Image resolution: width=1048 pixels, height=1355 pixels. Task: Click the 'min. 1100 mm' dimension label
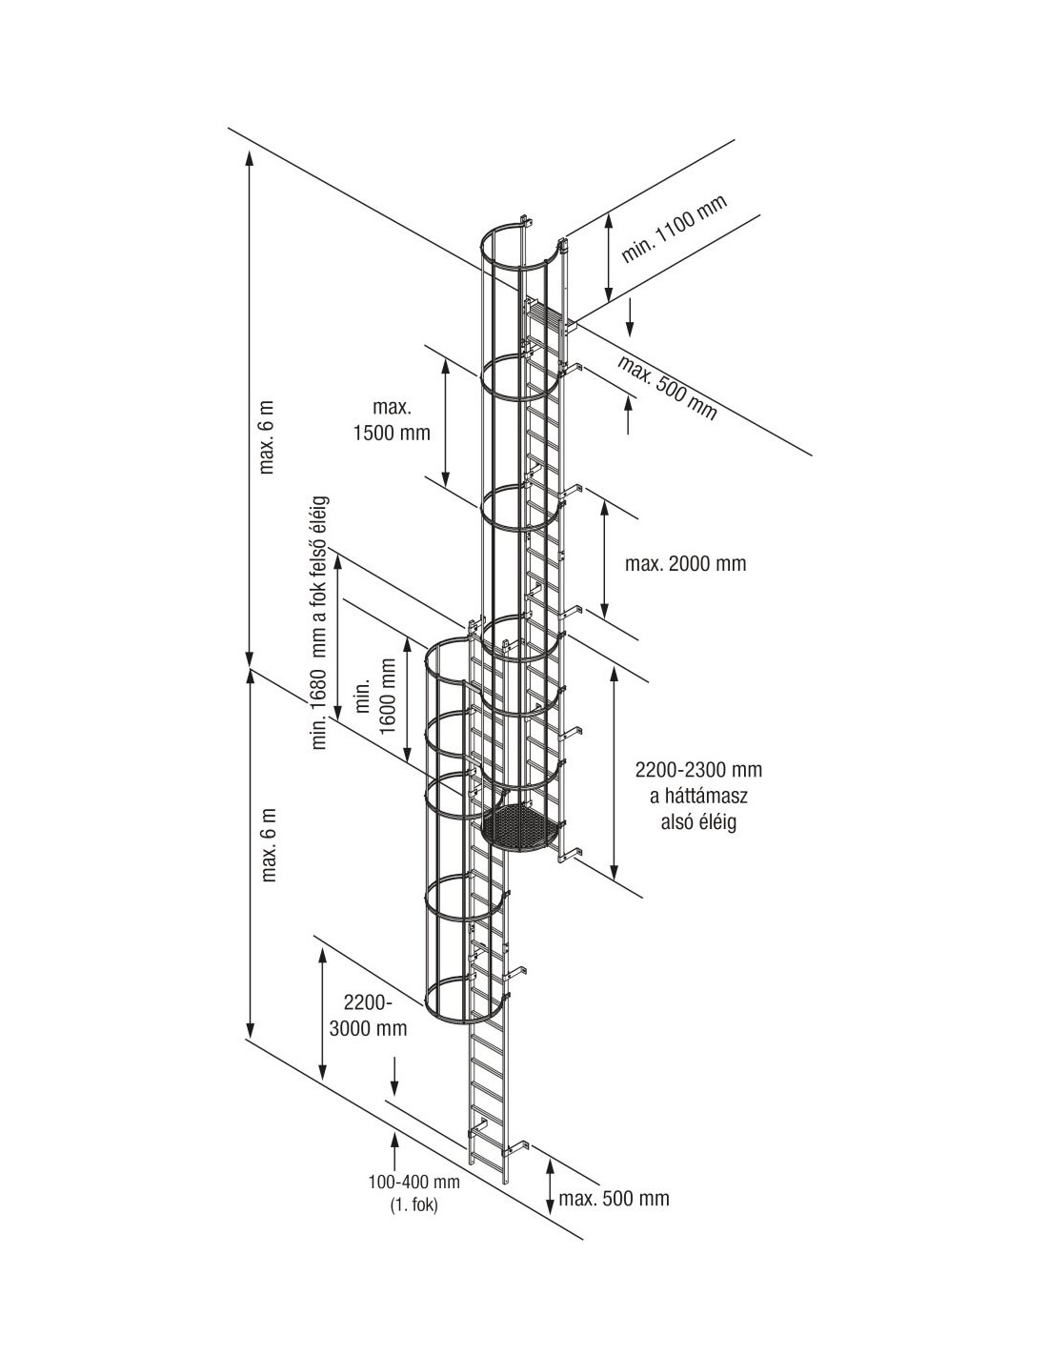coord(674,229)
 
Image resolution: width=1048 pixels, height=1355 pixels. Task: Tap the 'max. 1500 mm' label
coord(392,420)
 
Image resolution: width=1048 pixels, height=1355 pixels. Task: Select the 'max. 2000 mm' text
coord(685,563)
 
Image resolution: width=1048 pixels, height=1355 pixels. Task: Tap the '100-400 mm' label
coord(414,1183)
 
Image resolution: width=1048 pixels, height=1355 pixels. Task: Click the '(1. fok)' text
coord(414,1204)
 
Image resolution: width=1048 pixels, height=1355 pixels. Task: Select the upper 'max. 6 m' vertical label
coord(268,435)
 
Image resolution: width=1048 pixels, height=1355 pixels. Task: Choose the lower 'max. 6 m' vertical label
coord(268,844)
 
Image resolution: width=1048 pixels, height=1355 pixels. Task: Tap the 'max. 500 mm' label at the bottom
coord(615,1198)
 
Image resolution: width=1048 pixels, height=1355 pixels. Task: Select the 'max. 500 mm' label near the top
coord(666,387)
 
